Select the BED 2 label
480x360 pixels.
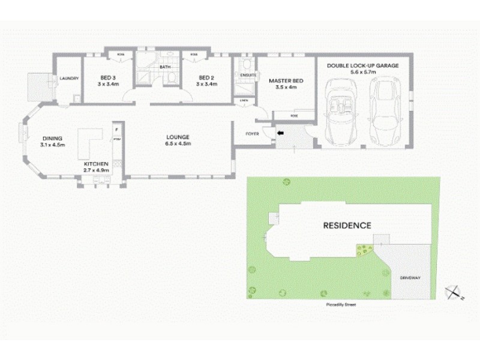click(x=206, y=77)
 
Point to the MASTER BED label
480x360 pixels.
click(x=284, y=80)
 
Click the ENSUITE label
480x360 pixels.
click(x=248, y=75)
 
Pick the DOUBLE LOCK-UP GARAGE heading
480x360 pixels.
click(x=362, y=65)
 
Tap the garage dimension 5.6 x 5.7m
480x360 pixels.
click(x=362, y=72)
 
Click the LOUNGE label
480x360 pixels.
click(x=178, y=137)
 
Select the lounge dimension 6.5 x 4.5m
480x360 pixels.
click(x=178, y=144)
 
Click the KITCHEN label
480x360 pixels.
click(x=96, y=164)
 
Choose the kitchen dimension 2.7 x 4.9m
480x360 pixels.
click(x=96, y=170)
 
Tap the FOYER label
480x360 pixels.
click(x=253, y=134)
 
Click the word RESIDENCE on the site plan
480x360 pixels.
click(x=347, y=226)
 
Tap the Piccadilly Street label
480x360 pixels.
click(x=340, y=305)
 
